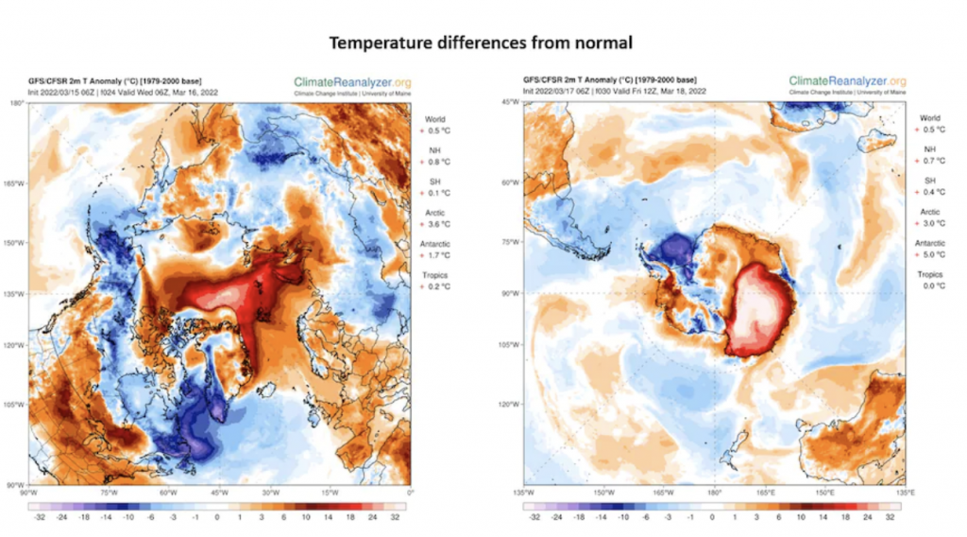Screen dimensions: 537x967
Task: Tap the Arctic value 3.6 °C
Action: coord(435,224)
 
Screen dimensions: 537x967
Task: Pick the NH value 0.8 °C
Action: coord(435,161)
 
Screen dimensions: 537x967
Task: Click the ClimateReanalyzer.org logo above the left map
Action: coord(352,83)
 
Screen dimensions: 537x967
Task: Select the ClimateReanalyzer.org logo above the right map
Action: coord(847,82)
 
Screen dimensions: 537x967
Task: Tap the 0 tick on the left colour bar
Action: coord(217,518)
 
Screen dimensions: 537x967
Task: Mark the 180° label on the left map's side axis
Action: coord(18,102)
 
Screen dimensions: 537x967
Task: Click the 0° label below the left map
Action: coord(410,492)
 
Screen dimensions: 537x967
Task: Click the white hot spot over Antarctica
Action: coord(771,307)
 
